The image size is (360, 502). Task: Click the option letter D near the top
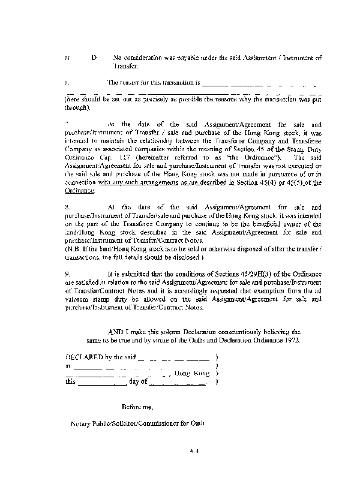tap(94, 58)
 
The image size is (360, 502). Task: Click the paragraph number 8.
tap(66, 206)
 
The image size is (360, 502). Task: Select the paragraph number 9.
tap(67, 273)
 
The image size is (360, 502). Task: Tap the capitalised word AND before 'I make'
tap(117, 331)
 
